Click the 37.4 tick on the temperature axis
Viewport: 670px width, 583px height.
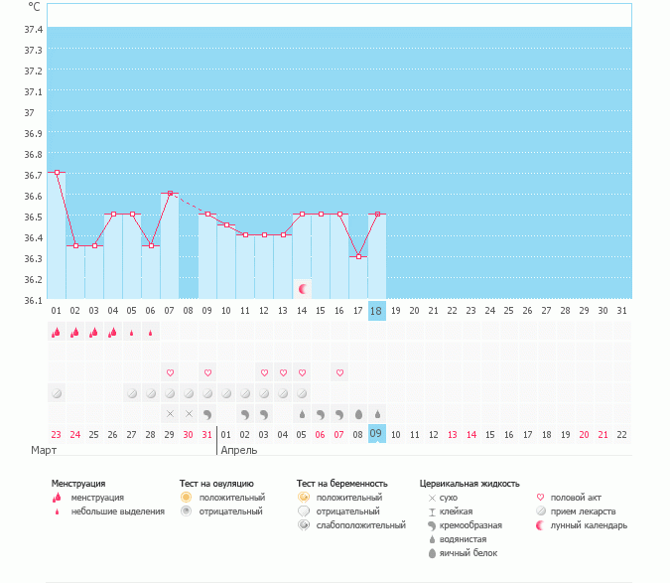[x=33, y=30]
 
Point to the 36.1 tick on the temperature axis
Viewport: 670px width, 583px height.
[x=33, y=300]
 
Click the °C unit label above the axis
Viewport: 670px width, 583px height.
[x=35, y=7]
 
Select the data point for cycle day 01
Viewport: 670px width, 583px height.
[x=57, y=173]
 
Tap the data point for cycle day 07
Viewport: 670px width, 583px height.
[x=170, y=193]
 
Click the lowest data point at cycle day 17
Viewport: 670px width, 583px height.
[x=358, y=256]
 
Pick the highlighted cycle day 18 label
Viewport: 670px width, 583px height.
[x=376, y=310]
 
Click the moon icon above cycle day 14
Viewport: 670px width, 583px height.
[x=303, y=289]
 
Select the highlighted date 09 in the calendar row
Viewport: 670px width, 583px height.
[x=376, y=433]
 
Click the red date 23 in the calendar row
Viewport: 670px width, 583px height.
[x=57, y=433]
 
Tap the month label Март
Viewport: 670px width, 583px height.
[x=44, y=450]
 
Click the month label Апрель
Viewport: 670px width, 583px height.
[x=239, y=450]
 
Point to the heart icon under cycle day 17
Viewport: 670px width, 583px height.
[x=339, y=372]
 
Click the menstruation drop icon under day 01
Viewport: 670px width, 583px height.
[x=57, y=333]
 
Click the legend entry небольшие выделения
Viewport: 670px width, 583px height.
[x=118, y=511]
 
